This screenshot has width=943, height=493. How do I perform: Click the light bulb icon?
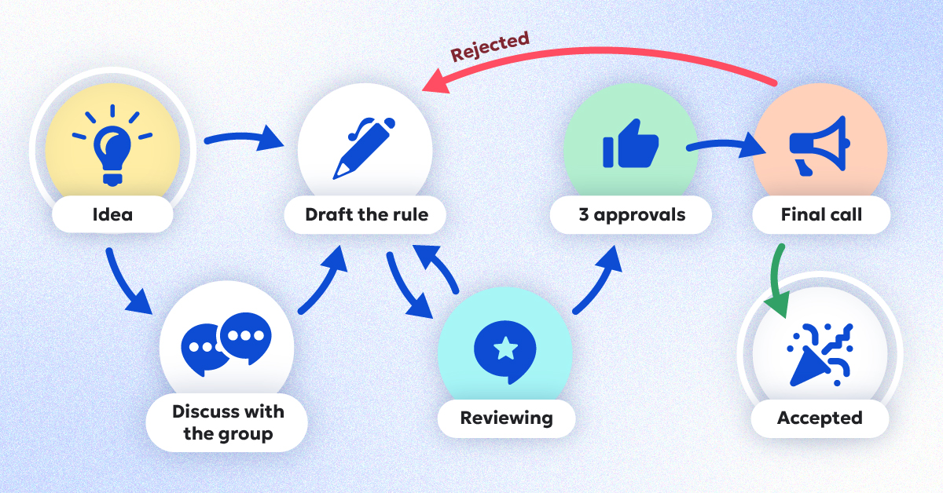click(112, 145)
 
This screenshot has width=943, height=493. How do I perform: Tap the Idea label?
click(112, 214)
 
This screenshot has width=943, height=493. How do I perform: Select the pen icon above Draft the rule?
click(363, 148)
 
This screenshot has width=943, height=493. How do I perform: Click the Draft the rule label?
click(366, 214)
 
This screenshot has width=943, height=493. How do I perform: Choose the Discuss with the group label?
click(228, 422)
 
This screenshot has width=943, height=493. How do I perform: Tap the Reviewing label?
click(506, 418)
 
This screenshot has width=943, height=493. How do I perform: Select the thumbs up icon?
click(629, 144)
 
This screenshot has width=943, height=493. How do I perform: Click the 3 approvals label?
click(632, 214)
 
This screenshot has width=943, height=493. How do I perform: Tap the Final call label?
click(821, 214)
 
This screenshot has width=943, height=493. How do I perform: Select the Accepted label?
click(820, 418)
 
